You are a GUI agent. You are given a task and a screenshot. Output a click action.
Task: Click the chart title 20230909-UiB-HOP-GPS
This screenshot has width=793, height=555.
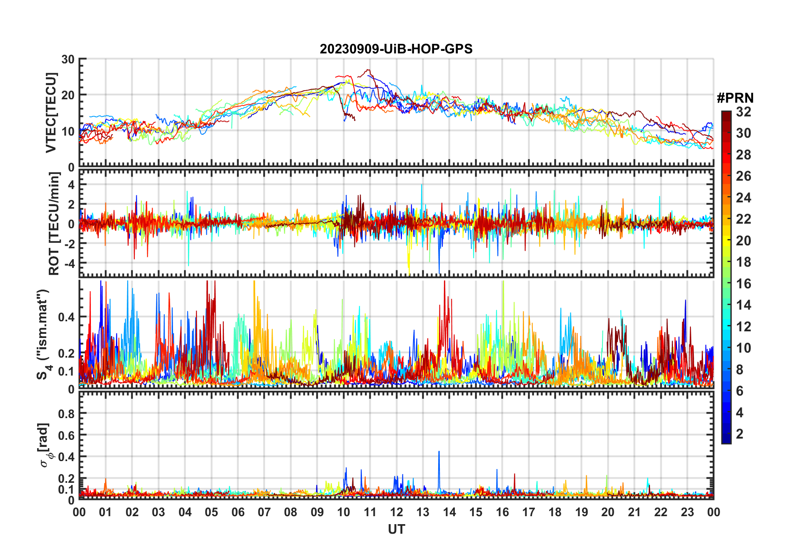click(396, 49)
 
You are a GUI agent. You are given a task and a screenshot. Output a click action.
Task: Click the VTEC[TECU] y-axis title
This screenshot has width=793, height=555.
click(51, 113)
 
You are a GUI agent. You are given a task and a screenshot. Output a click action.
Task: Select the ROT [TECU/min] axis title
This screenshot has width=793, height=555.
click(54, 224)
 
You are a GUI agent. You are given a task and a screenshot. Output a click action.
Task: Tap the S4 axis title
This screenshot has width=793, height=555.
click(43, 334)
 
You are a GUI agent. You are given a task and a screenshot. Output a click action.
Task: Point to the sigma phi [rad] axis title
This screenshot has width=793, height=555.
click(45, 445)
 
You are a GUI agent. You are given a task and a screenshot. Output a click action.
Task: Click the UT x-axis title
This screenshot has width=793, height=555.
click(396, 529)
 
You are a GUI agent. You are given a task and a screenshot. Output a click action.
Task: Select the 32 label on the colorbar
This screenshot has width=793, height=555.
click(743, 112)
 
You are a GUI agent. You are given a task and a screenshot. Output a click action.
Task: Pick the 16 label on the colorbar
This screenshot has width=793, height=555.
click(743, 284)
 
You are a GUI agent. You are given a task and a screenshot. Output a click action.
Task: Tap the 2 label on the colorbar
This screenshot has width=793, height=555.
click(740, 434)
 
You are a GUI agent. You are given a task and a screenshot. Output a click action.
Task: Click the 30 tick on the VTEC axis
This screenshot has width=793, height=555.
click(68, 59)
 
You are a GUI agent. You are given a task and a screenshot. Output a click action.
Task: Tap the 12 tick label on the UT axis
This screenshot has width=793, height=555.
click(396, 512)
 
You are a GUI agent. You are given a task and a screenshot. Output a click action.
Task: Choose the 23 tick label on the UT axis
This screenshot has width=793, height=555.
click(687, 512)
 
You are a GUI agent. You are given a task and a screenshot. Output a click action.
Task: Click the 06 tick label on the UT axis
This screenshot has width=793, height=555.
click(238, 512)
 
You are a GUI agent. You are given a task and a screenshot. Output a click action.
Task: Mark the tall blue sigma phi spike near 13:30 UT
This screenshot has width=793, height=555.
click(439, 452)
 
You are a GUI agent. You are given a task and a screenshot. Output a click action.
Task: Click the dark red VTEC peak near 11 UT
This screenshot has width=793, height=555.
click(368, 70)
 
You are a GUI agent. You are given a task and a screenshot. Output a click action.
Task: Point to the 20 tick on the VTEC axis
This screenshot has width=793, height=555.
click(68, 95)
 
